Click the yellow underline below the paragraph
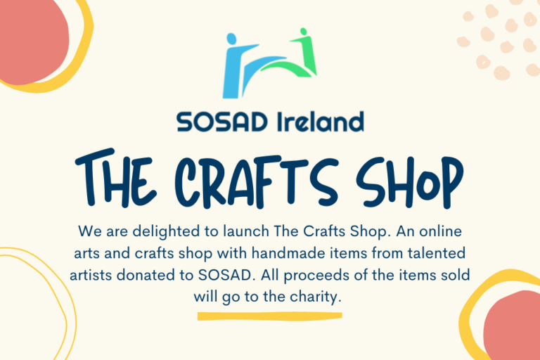click(269, 316)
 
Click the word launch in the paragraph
click(245, 231)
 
